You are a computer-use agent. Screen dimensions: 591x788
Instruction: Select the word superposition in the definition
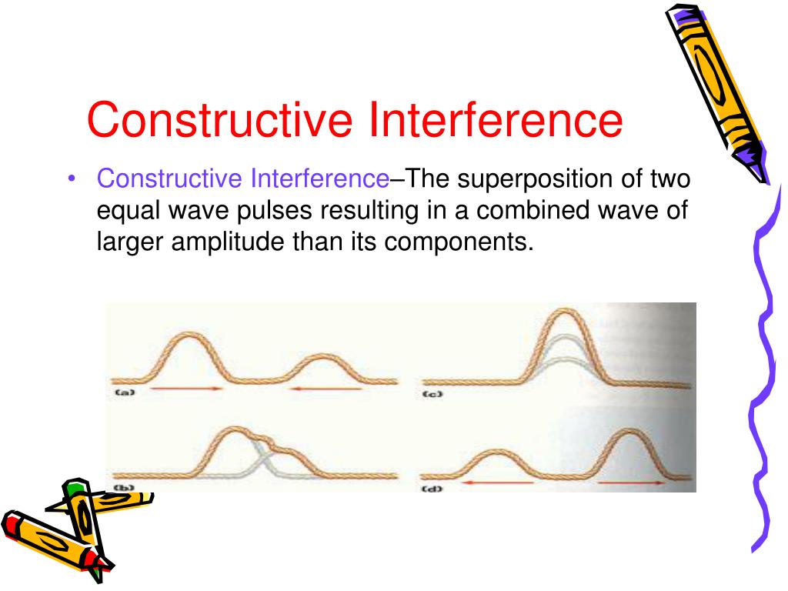pos(532,179)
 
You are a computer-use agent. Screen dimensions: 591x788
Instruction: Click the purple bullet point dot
pos(72,180)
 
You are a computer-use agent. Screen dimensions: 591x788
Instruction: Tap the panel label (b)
pos(124,488)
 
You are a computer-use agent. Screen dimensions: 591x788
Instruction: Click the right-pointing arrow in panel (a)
pos(187,390)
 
